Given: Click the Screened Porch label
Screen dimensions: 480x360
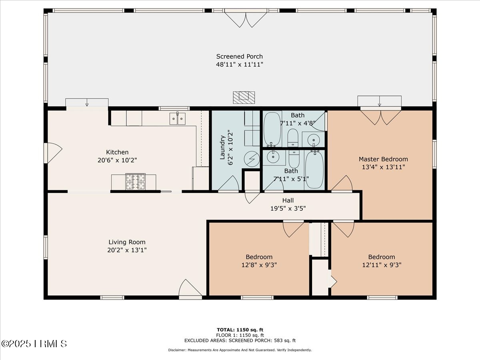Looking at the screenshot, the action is [x=240, y=56].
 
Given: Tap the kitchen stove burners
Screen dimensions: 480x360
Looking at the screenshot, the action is [x=135, y=182].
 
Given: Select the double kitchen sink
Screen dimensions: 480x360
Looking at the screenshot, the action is [x=177, y=119].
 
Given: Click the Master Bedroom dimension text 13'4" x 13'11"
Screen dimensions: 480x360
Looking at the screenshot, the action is [x=383, y=167].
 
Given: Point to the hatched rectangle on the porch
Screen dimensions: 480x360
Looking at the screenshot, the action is [x=244, y=98].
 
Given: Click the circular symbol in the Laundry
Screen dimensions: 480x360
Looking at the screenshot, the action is [x=252, y=159].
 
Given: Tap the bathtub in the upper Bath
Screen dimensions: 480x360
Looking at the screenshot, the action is [x=272, y=129].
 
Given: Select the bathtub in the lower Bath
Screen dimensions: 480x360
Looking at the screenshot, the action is [x=314, y=170].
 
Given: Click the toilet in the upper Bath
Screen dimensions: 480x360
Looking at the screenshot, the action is [x=293, y=138].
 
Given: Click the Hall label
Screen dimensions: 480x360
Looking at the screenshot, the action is [x=288, y=200].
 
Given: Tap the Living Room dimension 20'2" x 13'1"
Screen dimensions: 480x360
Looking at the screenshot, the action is [x=127, y=250].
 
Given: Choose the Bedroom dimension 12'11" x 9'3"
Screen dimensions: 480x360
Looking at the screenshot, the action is [x=382, y=265].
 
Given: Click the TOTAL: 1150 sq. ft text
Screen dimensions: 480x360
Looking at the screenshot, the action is [x=240, y=330].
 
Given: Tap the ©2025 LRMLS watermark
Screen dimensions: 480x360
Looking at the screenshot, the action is [x=34, y=344].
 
